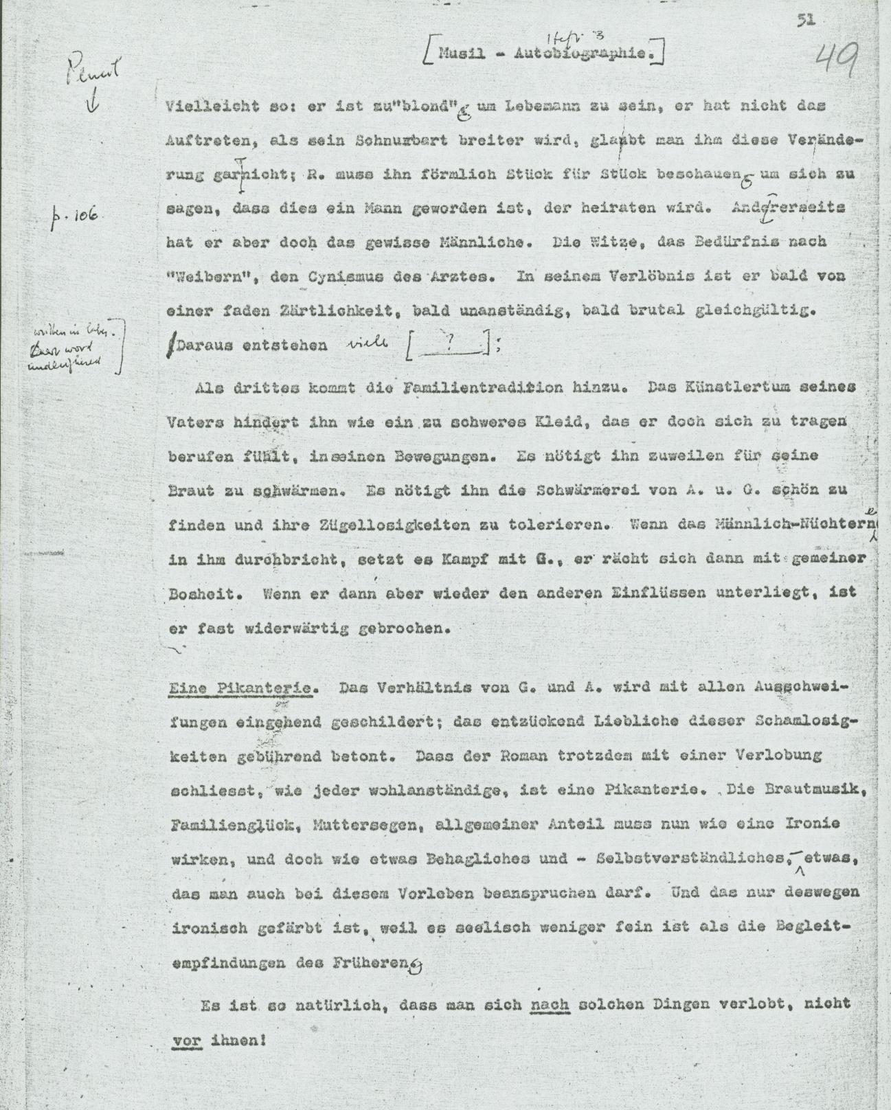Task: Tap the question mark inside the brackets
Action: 451,347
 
